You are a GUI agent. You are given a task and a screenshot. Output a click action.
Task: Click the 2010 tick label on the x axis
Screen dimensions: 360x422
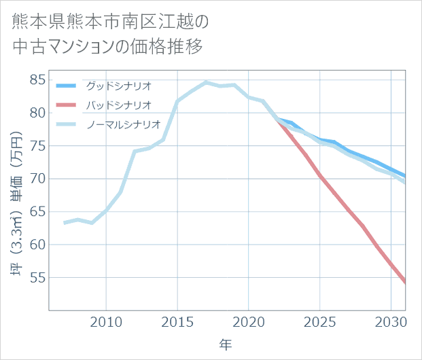[106, 321]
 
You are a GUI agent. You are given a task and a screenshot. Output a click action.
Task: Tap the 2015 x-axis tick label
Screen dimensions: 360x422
[177, 321]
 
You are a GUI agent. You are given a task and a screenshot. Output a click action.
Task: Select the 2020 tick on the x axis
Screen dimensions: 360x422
[249, 321]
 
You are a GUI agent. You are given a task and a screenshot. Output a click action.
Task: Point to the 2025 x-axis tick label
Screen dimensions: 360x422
[320, 321]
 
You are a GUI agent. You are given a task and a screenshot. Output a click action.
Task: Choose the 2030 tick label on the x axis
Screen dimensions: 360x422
[391, 321]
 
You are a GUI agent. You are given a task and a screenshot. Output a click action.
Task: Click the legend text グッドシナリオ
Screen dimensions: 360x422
[118, 86]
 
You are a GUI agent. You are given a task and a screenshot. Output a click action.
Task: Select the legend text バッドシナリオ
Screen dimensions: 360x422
[118, 105]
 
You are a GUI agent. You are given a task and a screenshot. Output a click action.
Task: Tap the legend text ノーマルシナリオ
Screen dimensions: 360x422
[123, 124]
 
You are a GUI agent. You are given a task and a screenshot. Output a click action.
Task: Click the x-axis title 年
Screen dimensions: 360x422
[226, 344]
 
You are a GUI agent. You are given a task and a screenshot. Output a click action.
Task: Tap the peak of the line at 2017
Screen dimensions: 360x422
[206, 82]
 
